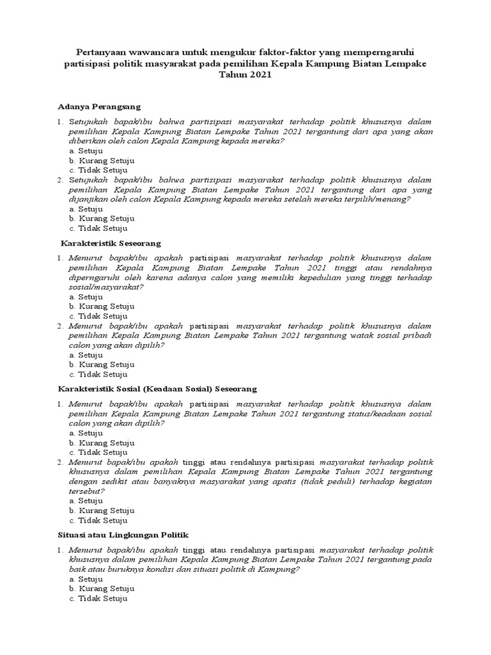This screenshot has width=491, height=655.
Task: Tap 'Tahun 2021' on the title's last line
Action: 245,75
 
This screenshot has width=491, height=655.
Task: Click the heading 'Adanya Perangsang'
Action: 98,106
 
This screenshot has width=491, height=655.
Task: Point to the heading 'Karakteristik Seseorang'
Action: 111,244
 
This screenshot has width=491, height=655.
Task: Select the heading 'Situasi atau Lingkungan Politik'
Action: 123,534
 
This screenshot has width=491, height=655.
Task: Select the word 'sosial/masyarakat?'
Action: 106,287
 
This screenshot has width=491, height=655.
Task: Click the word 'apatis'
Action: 315,482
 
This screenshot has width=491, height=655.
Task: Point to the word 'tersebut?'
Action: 87,491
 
